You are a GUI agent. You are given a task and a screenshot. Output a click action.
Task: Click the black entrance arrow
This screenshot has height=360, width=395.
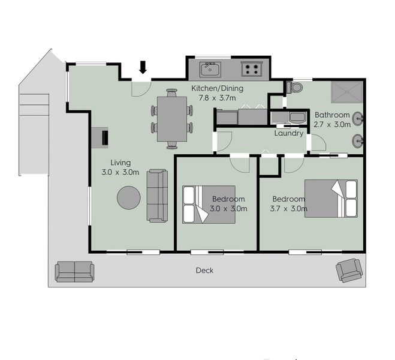coord(143,67)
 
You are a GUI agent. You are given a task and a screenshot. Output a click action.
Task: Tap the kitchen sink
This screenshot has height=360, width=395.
coord(210,70)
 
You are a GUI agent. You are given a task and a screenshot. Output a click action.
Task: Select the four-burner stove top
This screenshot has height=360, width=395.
coord(252,69)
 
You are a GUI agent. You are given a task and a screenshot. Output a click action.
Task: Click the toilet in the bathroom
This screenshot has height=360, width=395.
coord(295,88)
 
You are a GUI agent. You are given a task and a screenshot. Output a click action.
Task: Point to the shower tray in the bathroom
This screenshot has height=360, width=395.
coord(347,92)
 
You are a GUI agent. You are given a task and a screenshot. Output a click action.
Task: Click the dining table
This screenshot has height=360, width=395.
coord(172,119)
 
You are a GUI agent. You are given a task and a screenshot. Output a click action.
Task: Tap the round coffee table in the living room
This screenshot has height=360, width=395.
coord(129,197)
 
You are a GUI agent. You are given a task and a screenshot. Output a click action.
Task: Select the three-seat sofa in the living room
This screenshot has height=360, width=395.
coord(158,196)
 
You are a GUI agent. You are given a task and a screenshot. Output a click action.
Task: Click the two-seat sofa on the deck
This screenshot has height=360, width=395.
coord(74,272)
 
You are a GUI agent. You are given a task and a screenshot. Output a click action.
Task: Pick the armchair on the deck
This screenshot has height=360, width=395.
coord(349,270)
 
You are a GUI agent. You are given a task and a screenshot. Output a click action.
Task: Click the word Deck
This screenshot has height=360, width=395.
coord(204,271)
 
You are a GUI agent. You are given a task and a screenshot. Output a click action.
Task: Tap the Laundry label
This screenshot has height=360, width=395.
coord(289,133)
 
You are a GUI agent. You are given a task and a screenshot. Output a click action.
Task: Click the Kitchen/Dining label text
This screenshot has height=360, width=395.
coord(218,88)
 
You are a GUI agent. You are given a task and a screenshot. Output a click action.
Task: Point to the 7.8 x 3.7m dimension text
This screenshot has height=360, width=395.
coord(218,98)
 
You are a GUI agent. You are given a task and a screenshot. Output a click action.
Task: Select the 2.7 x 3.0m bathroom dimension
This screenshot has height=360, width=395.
coord(332,124)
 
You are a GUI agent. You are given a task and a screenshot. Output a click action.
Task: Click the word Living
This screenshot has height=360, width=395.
coord(120,163)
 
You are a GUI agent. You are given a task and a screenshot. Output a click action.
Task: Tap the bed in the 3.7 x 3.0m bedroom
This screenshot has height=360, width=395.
coord(331,199)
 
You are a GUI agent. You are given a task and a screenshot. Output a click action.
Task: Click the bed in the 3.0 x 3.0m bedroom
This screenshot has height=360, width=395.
coord(209,205)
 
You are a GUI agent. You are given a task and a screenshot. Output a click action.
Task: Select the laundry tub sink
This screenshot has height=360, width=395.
coord(297,118)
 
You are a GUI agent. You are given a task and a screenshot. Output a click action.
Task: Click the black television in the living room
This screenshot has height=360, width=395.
coord(105,137)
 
